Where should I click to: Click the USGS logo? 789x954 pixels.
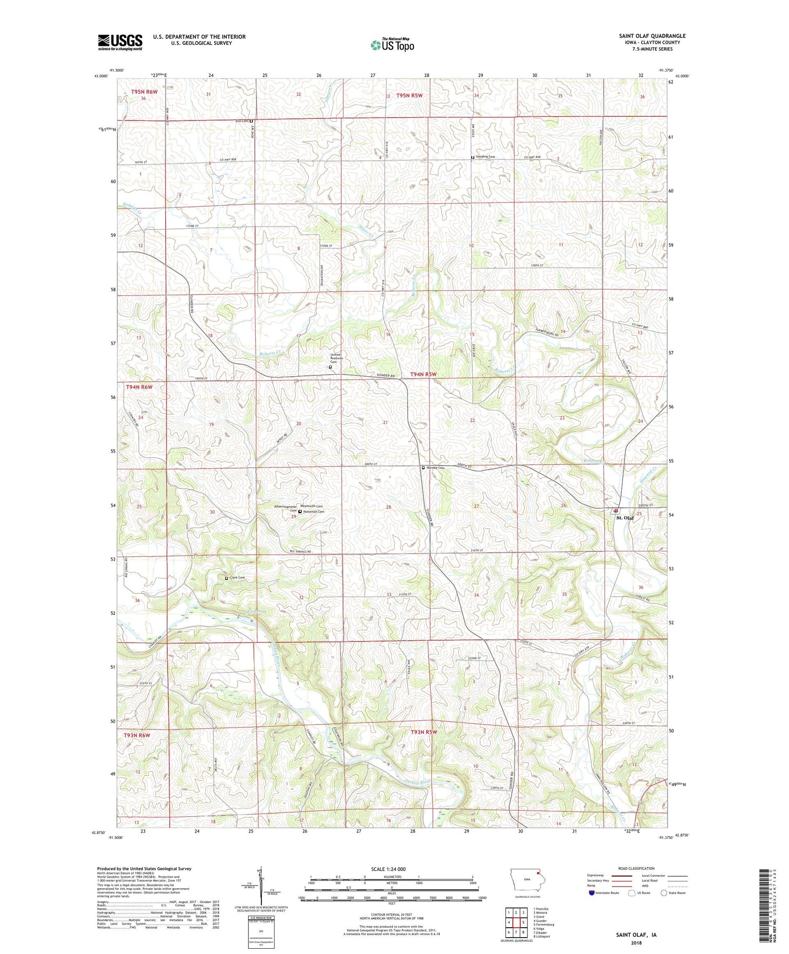click(120, 42)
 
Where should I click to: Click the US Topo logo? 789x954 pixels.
click(392, 45)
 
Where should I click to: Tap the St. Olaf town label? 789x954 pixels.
click(625, 518)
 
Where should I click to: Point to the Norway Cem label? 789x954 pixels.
click(436, 468)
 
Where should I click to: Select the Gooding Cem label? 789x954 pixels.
click(484, 157)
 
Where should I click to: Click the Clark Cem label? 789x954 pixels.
click(237, 578)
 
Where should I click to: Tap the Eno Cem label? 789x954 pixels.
click(241, 121)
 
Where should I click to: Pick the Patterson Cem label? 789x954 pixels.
click(313, 511)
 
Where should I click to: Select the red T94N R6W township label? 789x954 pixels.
click(139, 387)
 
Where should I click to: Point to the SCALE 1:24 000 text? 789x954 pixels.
click(391, 869)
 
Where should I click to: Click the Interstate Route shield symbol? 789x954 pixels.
click(591, 893)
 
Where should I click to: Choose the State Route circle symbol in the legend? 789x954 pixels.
click(664, 893)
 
